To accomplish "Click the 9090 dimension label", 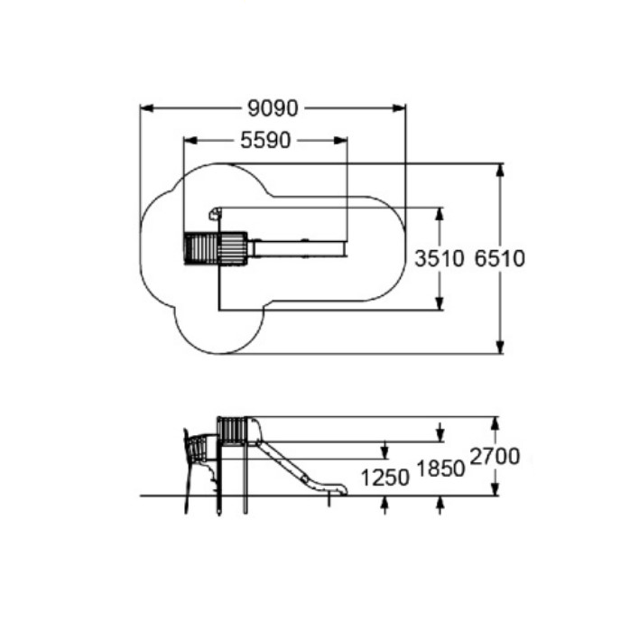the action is click(273, 108).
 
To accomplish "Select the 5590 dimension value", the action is click(265, 140).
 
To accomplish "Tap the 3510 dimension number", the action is click(440, 258).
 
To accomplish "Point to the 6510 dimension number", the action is click(500, 258).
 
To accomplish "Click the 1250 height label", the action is click(385, 478).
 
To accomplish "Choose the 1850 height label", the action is click(440, 469).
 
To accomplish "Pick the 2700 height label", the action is click(495, 456).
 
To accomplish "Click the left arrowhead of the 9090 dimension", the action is click(147, 108).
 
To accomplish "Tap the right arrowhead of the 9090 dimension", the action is click(399, 108).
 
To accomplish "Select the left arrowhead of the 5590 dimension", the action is click(190, 140).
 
